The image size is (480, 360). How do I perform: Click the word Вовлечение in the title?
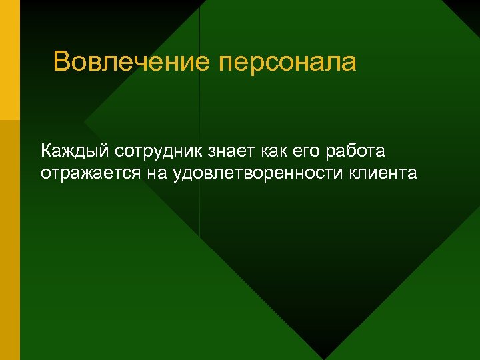click(x=132, y=62)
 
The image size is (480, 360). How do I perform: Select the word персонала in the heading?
click(x=287, y=62)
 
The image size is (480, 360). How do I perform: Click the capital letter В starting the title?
click(x=61, y=62)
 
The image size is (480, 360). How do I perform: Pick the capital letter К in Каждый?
click(x=47, y=151)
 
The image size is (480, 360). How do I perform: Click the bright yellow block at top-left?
click(x=10, y=60)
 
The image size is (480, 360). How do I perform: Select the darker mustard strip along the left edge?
click(x=10, y=240)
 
